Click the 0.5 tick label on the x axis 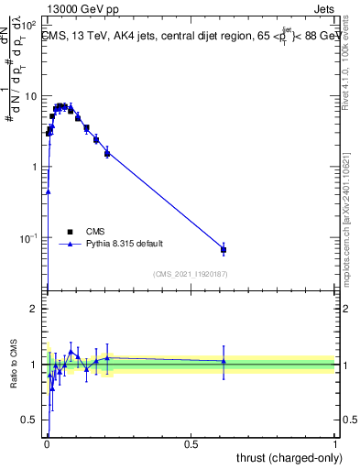pos(191,444)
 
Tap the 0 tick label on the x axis pos(47,444)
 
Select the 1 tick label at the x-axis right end pos(335,444)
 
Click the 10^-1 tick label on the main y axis pos(28,238)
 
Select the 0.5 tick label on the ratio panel pos(29,420)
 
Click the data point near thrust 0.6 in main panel pos(224,249)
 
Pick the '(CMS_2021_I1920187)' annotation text pos(190,274)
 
